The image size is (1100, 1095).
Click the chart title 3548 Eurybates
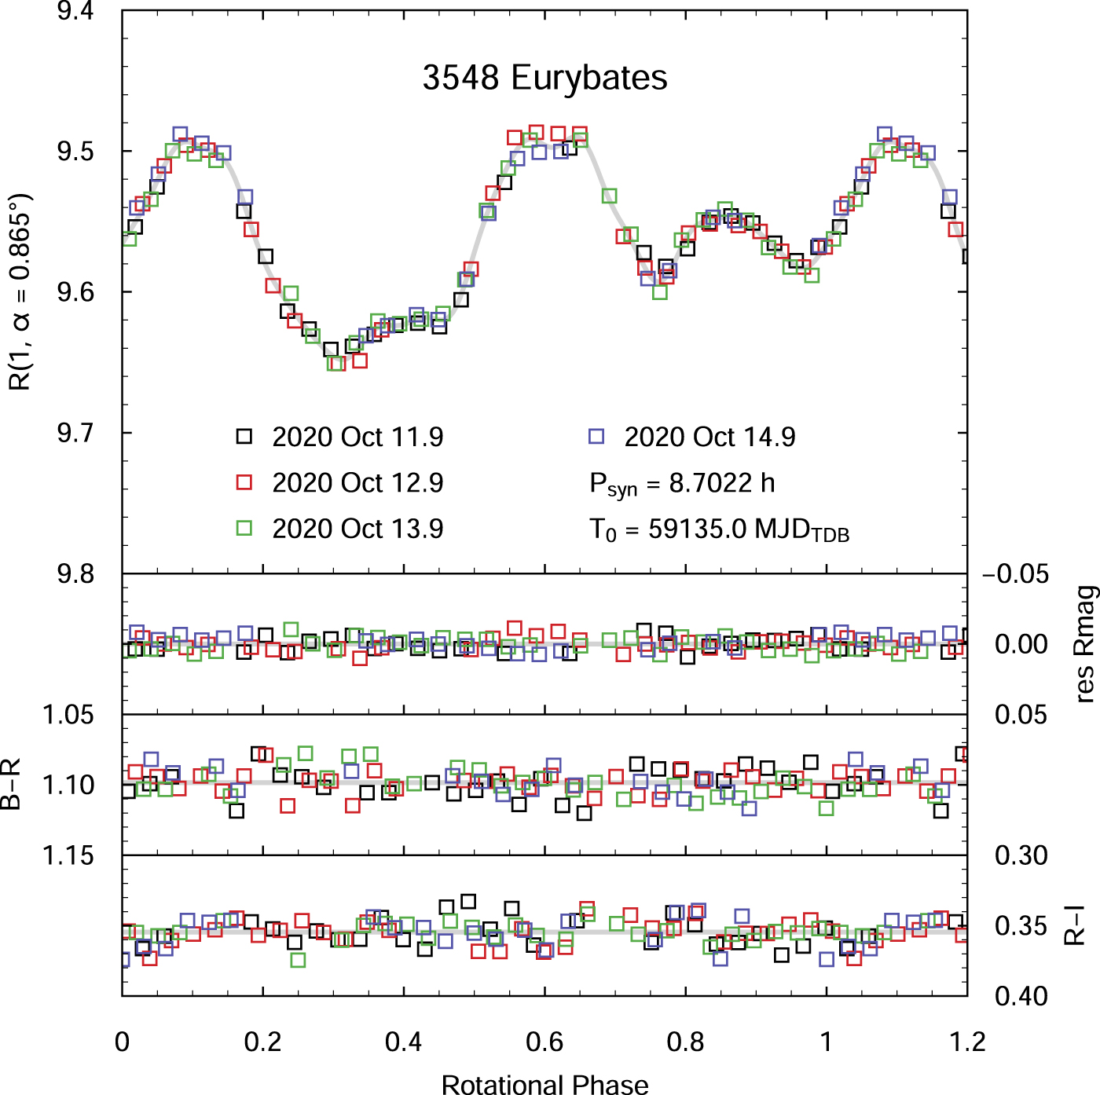[x=544, y=78]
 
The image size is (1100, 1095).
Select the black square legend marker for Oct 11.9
[x=244, y=437]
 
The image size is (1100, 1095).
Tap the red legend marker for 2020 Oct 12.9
[x=244, y=482]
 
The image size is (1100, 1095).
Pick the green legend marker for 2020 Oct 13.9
[x=244, y=528]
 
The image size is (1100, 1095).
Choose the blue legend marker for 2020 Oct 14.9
[x=596, y=437]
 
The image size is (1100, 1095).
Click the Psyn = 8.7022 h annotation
[x=682, y=484]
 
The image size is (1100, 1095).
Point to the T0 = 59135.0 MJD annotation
[x=719, y=530]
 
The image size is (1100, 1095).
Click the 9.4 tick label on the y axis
[x=75, y=12]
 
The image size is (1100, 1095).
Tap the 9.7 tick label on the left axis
[x=75, y=433]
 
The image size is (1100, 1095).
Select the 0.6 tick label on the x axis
[x=544, y=1042]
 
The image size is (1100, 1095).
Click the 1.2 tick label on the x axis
[x=966, y=1042]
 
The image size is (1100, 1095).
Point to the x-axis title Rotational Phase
[x=544, y=1084]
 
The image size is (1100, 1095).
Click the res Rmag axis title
[x=1084, y=644]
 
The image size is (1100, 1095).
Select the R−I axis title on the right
[x=1074, y=925]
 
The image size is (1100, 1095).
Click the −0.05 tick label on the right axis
[x=1015, y=574]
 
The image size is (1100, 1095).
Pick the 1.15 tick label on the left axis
[x=68, y=855]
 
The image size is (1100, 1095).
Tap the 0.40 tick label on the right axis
[x=1021, y=996]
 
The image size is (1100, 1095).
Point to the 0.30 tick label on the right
[x=1021, y=855]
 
